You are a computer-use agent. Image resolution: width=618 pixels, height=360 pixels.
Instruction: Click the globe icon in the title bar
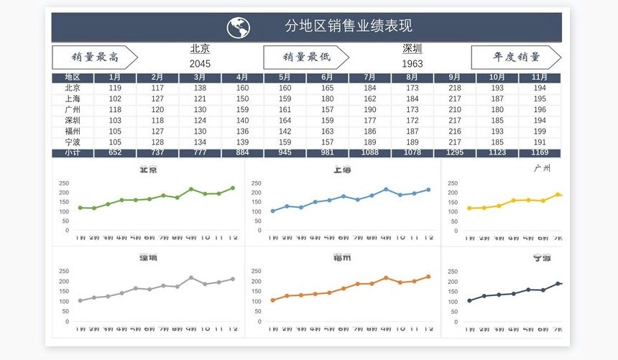[x=239, y=27]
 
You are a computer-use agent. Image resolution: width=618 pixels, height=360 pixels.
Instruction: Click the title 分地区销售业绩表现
[x=349, y=27]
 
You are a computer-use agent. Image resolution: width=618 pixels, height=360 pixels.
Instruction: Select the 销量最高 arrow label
[x=94, y=57]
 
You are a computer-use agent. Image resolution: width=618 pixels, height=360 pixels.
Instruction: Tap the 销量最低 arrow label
[x=306, y=57]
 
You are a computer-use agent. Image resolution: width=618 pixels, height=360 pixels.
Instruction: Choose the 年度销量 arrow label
[x=516, y=57]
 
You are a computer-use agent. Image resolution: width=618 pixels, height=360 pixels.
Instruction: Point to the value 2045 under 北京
[x=200, y=63]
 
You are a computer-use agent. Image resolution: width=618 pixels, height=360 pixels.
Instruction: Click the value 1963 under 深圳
[x=412, y=63]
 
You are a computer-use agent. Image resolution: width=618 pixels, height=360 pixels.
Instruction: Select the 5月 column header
[x=285, y=77]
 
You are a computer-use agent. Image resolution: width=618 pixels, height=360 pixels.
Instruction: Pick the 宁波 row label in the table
[x=73, y=142]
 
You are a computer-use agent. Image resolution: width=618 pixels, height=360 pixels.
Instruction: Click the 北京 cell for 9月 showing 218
[x=455, y=88]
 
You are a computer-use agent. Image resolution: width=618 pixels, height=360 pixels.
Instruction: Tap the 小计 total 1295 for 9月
[x=455, y=153]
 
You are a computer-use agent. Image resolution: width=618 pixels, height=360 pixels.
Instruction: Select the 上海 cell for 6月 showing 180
[x=327, y=98]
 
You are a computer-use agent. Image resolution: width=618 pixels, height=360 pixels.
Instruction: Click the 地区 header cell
[x=73, y=77]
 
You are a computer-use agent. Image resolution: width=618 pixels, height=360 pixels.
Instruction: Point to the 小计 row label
[x=73, y=153]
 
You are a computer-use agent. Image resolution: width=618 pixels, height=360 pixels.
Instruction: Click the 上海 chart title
[x=342, y=170]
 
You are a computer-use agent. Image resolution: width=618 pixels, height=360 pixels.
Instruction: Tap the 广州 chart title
[x=542, y=168]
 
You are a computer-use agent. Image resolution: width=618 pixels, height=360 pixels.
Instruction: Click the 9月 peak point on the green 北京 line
[x=191, y=189]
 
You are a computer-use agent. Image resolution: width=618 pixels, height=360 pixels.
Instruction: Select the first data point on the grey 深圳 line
[x=80, y=300]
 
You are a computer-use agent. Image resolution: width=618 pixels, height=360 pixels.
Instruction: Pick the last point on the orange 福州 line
[x=428, y=277]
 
